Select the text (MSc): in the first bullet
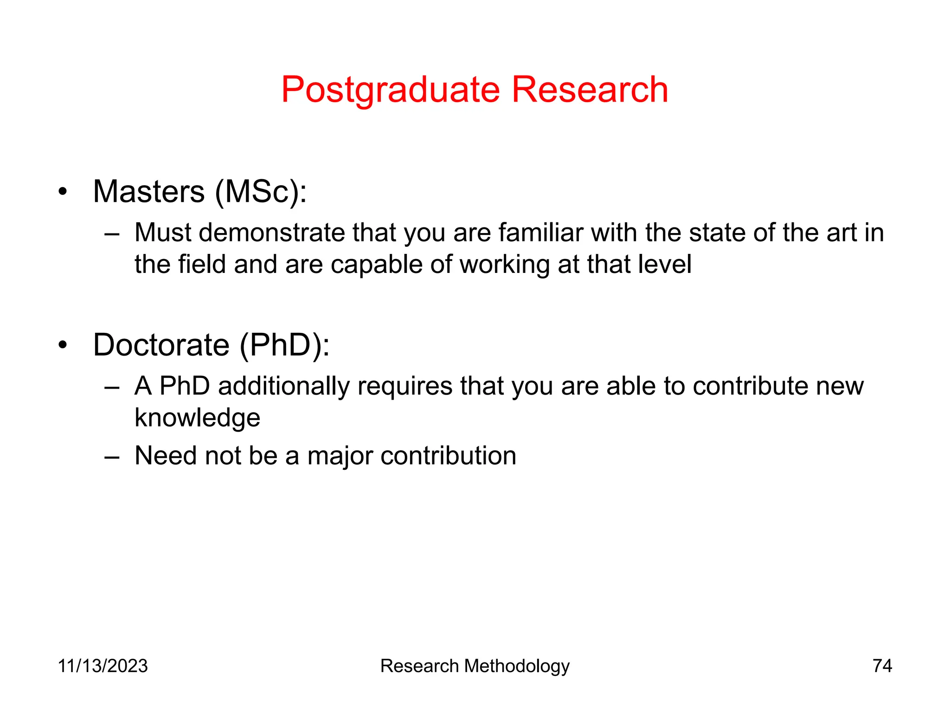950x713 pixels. click(261, 192)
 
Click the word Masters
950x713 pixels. click(149, 192)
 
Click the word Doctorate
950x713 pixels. click(161, 345)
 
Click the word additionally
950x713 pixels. click(283, 386)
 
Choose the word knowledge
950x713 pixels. click(197, 418)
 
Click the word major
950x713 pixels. click(340, 455)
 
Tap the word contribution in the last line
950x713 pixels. click(448, 455)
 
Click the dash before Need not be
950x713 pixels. click(112, 456)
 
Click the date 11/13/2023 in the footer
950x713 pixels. click(103, 666)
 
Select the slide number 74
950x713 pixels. click(882, 666)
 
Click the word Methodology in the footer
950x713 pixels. click(516, 666)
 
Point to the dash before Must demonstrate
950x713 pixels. click(112, 233)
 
